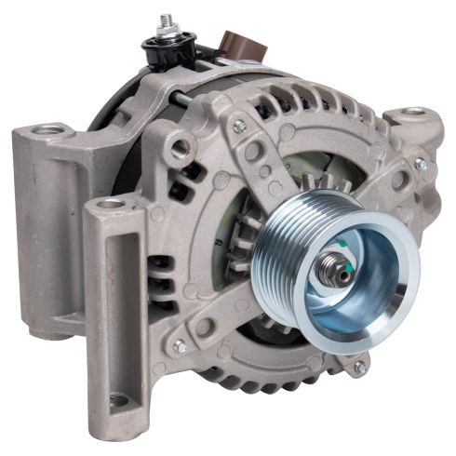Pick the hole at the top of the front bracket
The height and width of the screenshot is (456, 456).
(x=111, y=202)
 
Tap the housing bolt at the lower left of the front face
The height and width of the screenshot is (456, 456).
(x=180, y=345)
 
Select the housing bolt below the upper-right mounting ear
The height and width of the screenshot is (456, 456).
(x=420, y=164)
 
